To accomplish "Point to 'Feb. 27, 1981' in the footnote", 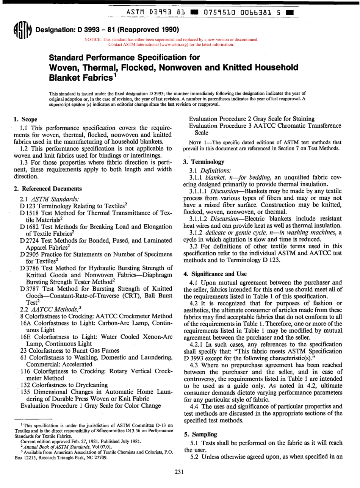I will pos(85,441).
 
